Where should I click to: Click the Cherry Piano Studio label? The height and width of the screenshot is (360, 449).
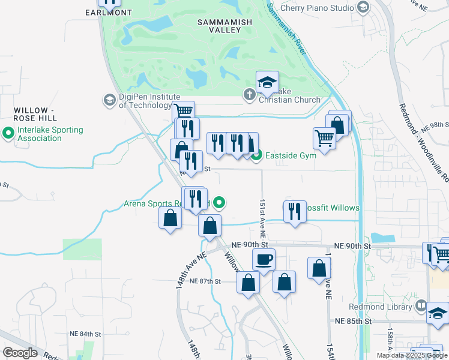pyautogui.click(x=319, y=8)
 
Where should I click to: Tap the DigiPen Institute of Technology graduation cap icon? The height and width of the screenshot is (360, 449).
pyautogui.click(x=110, y=100)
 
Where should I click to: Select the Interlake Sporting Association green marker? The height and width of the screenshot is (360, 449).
pyautogui.click(x=8, y=133)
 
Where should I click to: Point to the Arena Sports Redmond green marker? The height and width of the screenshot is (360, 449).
pyautogui.click(x=220, y=203)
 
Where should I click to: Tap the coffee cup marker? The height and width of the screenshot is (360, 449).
pyautogui.click(x=264, y=260)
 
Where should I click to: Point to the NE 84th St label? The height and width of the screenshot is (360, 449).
pyautogui.click(x=83, y=334)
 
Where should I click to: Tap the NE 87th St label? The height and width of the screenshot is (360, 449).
pyautogui.click(x=205, y=281)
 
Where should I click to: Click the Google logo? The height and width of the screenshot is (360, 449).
pyautogui.click(x=20, y=353)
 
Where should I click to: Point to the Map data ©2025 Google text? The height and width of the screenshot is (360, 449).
pyautogui.click(x=411, y=355)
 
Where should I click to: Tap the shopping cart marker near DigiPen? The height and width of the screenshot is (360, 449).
pyautogui.click(x=184, y=111)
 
